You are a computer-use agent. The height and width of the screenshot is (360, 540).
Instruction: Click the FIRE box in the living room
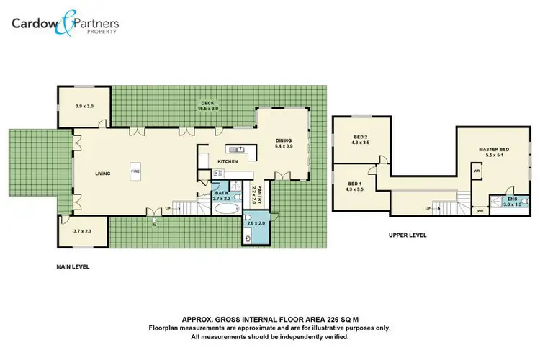pyautogui.click(x=135, y=171)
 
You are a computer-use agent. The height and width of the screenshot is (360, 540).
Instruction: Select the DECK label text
pyautogui.click(x=207, y=103)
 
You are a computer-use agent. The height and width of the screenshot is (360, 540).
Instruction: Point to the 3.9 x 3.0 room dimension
pyautogui.click(x=84, y=106)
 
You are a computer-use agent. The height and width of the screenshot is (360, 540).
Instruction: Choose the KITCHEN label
pyautogui.click(x=228, y=162)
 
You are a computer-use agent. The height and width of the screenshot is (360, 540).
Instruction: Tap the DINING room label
pyautogui.click(x=284, y=140)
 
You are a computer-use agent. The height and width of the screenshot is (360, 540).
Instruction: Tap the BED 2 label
pyautogui.click(x=361, y=137)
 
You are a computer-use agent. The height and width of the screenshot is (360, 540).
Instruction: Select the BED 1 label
pyautogui.click(x=354, y=184)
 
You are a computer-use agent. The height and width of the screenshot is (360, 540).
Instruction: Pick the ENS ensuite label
pyautogui.click(x=512, y=199)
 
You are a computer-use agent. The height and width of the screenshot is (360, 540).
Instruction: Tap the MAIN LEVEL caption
pyautogui.click(x=73, y=266)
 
